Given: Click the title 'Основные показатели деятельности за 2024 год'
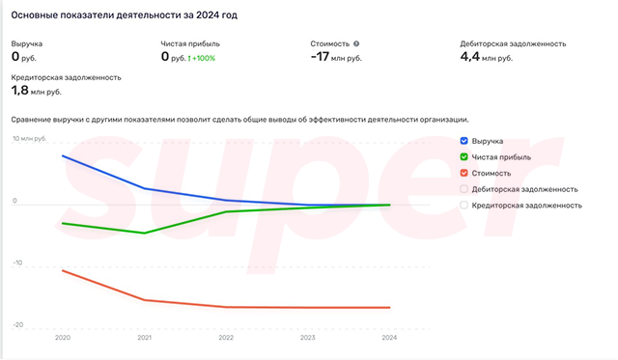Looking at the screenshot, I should (125, 16).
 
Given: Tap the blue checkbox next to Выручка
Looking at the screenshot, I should (465, 141).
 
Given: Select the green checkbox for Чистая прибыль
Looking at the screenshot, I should (465, 156).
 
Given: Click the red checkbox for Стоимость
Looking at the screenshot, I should (465, 173).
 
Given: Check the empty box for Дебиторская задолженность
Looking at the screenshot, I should (465, 189).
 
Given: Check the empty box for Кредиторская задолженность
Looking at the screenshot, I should (465, 205).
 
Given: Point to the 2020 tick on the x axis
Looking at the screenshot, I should (63, 338).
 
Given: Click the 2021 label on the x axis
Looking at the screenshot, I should (144, 338).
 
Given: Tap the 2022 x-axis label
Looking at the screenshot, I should (226, 338).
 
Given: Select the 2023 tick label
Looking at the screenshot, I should (307, 338).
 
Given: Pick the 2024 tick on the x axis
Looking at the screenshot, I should (389, 338).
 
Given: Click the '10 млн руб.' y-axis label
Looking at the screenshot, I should (29, 139).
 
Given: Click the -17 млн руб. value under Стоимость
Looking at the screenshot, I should (336, 58).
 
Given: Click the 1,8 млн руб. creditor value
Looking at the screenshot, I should (36, 91).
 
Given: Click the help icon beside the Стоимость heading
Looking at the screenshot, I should (356, 43).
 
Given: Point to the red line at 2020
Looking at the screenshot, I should (63, 270).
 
